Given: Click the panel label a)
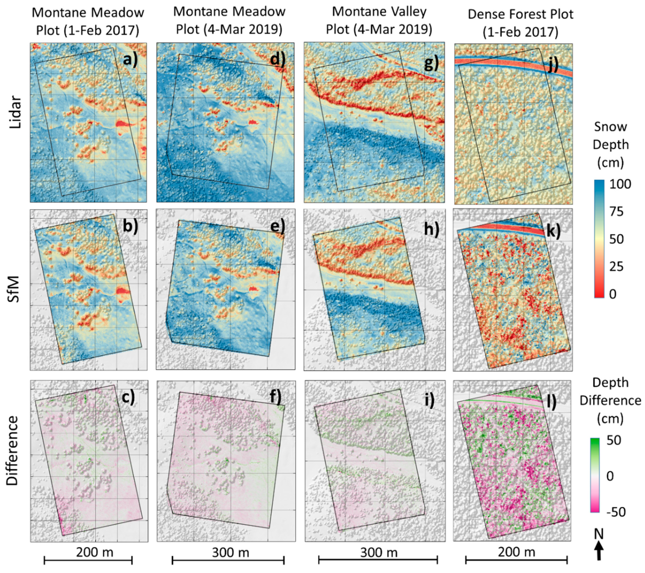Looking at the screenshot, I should [x=130, y=59].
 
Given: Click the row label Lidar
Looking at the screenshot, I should [x=15, y=112].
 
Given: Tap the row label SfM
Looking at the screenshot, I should [x=14, y=289].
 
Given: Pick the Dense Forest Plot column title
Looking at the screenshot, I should [x=520, y=23].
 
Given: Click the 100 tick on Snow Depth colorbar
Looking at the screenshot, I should [x=620, y=184].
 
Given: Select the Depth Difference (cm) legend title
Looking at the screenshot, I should [x=610, y=400].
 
